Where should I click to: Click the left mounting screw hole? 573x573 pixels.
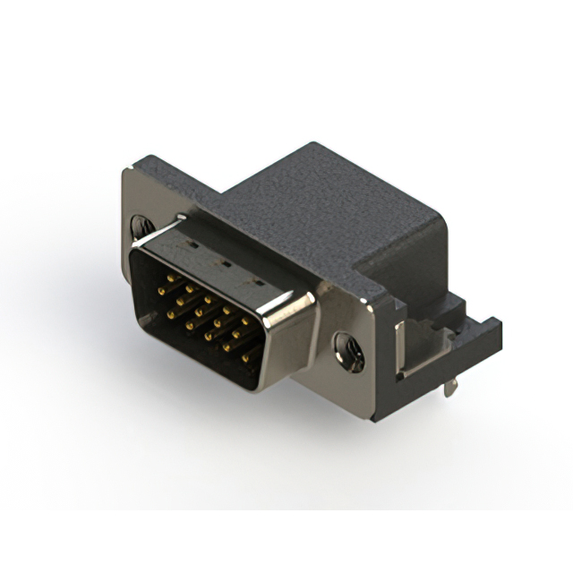pos(141,226)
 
